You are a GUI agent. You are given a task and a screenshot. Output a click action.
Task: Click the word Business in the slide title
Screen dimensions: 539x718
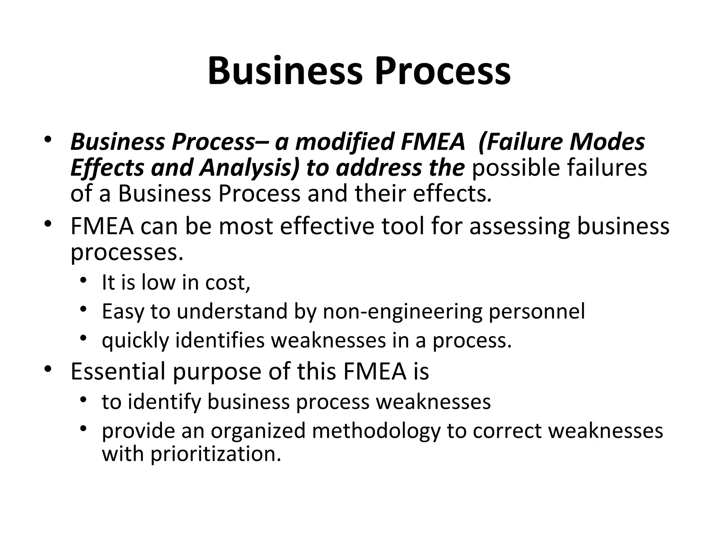(284, 72)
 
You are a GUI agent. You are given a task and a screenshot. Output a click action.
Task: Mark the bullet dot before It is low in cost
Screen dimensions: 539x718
(83, 280)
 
